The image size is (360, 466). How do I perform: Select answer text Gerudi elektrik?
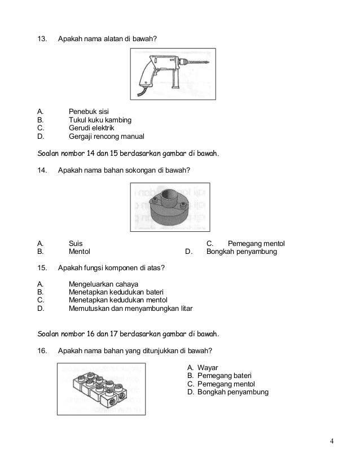(x=91, y=128)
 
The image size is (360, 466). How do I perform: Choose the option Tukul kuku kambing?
(x=100, y=120)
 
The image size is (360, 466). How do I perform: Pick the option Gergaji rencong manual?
(x=106, y=137)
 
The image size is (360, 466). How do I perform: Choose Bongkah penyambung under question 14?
(x=242, y=252)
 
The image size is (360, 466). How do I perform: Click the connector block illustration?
(x=99, y=389)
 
